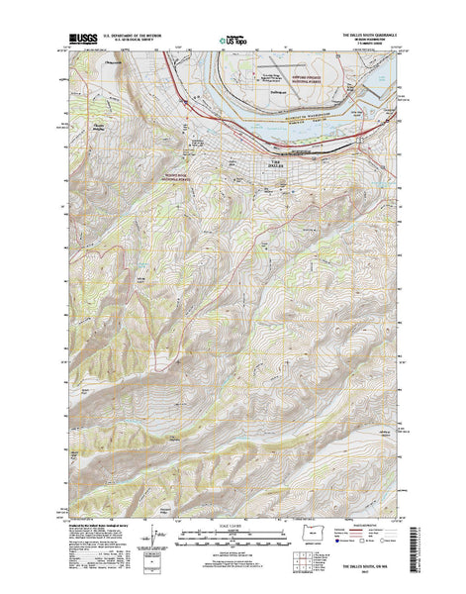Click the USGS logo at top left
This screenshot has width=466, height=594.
tap(82, 42)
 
